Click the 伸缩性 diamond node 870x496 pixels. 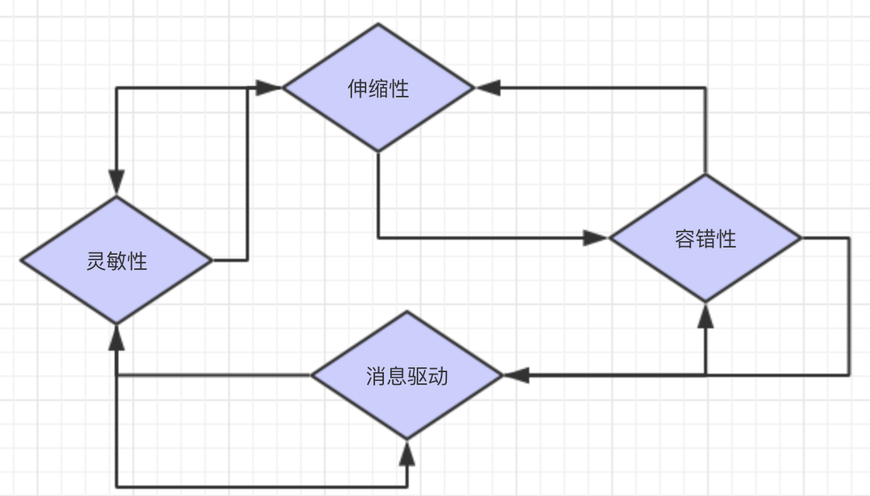378,87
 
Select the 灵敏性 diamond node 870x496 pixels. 117,260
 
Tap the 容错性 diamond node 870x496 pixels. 705,238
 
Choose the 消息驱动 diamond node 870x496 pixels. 407,375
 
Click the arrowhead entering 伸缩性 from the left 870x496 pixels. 270,87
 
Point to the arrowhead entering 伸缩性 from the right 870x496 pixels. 488,87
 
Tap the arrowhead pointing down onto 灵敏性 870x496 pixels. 117,183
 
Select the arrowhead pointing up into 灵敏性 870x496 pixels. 117,336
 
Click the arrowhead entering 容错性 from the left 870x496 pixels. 595,237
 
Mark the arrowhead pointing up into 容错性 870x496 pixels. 705,315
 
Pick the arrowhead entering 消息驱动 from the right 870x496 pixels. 516,375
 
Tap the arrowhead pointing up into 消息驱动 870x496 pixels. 407,453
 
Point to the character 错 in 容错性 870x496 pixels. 706,239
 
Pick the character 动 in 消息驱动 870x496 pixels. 438,376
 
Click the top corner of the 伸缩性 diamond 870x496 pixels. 378,24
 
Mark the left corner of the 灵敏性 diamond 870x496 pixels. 22,260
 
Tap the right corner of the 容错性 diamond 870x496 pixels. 800,238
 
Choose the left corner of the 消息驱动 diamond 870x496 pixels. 312,375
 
